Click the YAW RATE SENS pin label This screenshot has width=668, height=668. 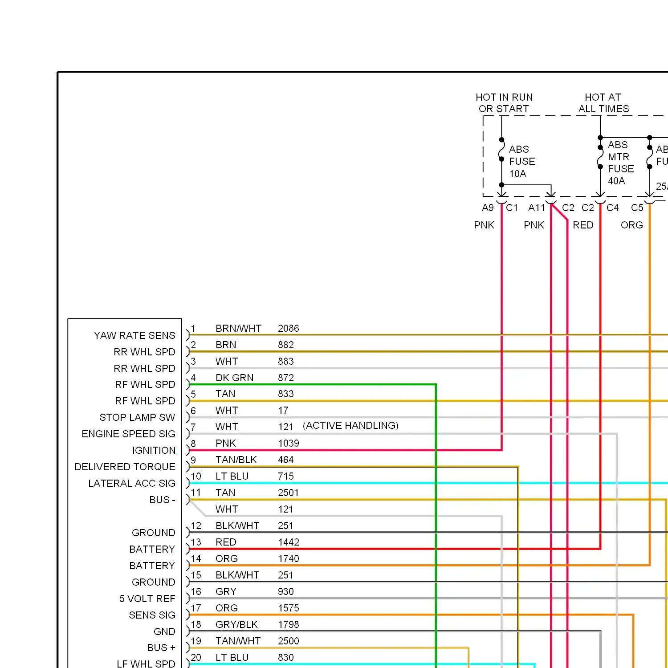coord(134,335)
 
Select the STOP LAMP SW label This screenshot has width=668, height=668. coord(137,417)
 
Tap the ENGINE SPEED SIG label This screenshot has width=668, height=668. coord(129,434)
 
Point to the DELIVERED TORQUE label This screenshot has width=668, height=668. coord(125,467)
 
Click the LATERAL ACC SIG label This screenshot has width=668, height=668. coord(132,483)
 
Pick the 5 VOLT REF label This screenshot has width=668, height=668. coord(147,599)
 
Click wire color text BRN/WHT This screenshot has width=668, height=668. coord(238,328)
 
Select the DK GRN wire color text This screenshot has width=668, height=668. coord(234,378)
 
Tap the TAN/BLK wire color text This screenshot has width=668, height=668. coord(236,460)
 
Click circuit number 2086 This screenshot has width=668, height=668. coord(289,328)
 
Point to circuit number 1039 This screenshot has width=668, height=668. coord(289,443)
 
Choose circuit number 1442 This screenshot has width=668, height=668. coord(289,542)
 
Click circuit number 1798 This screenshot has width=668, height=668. coord(289,624)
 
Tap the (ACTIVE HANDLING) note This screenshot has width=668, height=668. coord(350,425)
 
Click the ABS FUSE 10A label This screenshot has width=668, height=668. coord(522,161)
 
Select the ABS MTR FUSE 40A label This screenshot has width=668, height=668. coord(621,163)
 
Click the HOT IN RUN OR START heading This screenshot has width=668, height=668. coord(504,103)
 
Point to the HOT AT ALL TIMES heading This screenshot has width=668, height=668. coord(604,103)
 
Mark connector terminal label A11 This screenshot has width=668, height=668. coord(536,208)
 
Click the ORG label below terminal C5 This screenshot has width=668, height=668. coord(632,225)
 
